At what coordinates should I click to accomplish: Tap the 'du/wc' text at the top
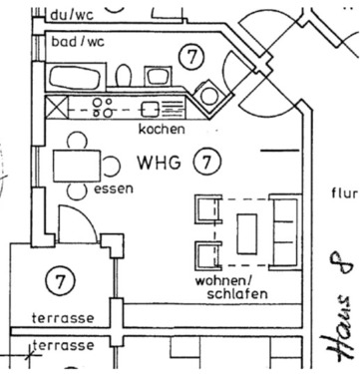(x=72, y=15)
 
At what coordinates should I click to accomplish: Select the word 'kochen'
(x=163, y=129)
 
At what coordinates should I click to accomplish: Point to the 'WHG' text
(x=160, y=161)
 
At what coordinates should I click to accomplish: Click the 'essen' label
(x=113, y=187)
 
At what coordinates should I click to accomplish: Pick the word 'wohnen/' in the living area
(x=222, y=281)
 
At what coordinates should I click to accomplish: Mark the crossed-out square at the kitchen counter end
(x=59, y=107)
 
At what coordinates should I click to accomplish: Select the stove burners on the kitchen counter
(x=101, y=107)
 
